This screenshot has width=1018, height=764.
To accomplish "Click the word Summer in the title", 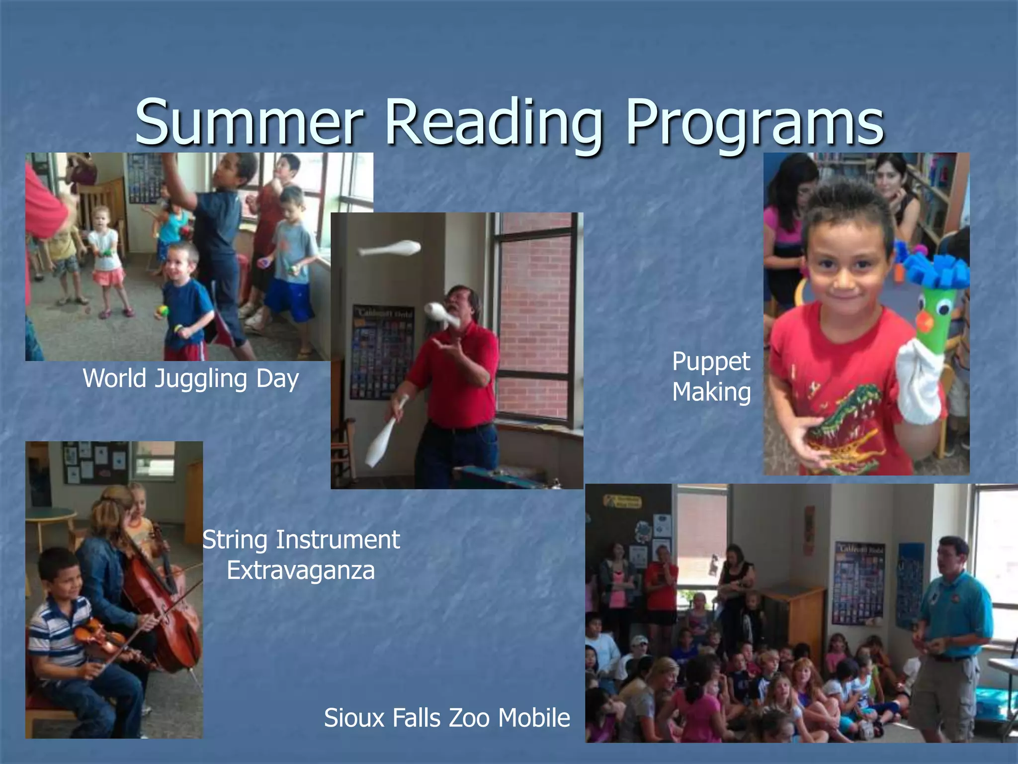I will (249, 122).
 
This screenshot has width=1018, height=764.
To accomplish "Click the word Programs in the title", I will (755, 124).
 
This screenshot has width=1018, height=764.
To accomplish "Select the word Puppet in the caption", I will (711, 362).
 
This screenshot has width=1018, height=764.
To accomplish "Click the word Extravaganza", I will (301, 570).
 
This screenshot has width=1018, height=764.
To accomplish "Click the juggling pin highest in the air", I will (390, 248).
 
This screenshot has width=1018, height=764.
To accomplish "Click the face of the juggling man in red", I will (460, 306).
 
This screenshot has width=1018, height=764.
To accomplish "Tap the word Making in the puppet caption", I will (711, 392).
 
